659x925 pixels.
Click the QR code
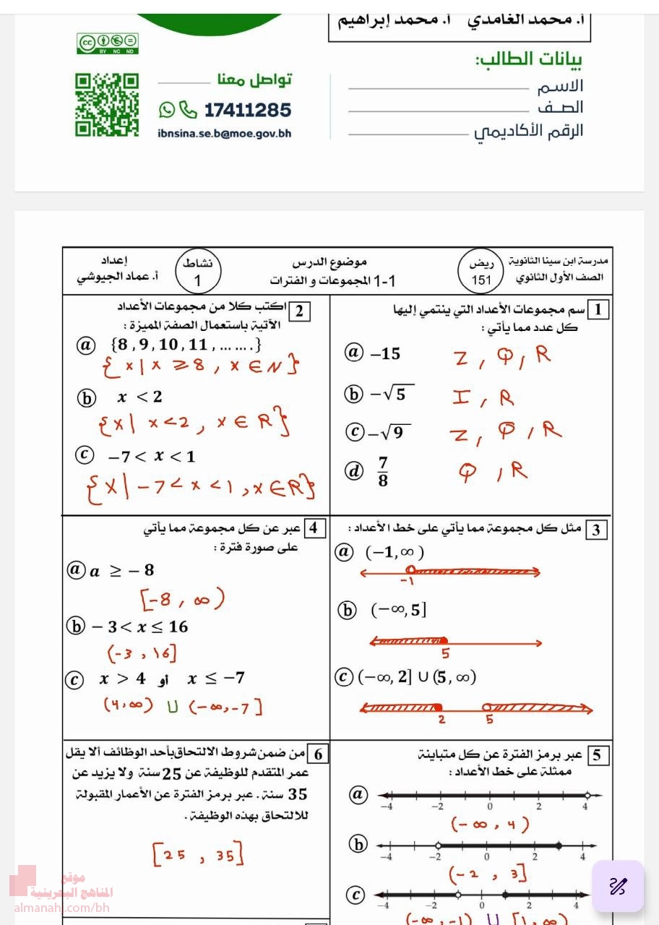point(107,105)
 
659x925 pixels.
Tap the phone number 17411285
point(248,111)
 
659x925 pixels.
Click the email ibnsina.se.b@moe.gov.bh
point(224,134)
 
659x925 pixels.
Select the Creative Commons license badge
point(107,43)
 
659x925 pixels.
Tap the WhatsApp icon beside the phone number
point(167,110)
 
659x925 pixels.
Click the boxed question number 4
point(313,528)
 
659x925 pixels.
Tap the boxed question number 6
point(318,754)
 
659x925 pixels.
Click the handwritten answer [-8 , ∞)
point(182,599)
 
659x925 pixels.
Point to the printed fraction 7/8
point(382,471)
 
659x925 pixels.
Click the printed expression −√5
point(392,394)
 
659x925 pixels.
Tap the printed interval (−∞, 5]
point(398,611)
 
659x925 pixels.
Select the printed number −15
point(385,354)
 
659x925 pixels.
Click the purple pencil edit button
point(618,886)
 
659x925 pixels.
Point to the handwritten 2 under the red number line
point(442,720)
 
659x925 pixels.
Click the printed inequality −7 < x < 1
point(152,457)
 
